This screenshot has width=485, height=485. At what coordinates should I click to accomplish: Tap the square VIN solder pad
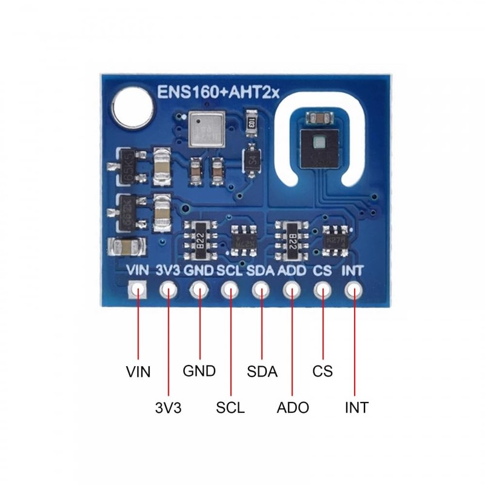point(138,290)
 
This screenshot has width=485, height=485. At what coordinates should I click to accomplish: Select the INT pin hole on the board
point(353,290)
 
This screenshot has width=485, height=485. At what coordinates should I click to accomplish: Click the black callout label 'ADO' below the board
point(292,407)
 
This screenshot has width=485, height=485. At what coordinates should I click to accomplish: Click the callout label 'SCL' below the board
point(230,407)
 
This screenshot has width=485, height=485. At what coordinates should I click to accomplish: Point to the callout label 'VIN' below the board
point(138,371)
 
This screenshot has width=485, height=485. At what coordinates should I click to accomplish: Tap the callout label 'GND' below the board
point(199,371)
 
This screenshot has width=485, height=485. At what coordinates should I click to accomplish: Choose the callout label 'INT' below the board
point(356,407)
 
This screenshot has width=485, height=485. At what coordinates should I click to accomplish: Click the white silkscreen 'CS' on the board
point(323,270)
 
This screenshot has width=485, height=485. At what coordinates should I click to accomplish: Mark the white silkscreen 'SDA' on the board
point(261,270)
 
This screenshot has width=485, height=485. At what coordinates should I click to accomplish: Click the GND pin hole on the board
point(199,290)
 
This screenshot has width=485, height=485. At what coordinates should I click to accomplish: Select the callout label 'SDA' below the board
point(262,371)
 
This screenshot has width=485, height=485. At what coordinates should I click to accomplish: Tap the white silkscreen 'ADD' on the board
point(292,270)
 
